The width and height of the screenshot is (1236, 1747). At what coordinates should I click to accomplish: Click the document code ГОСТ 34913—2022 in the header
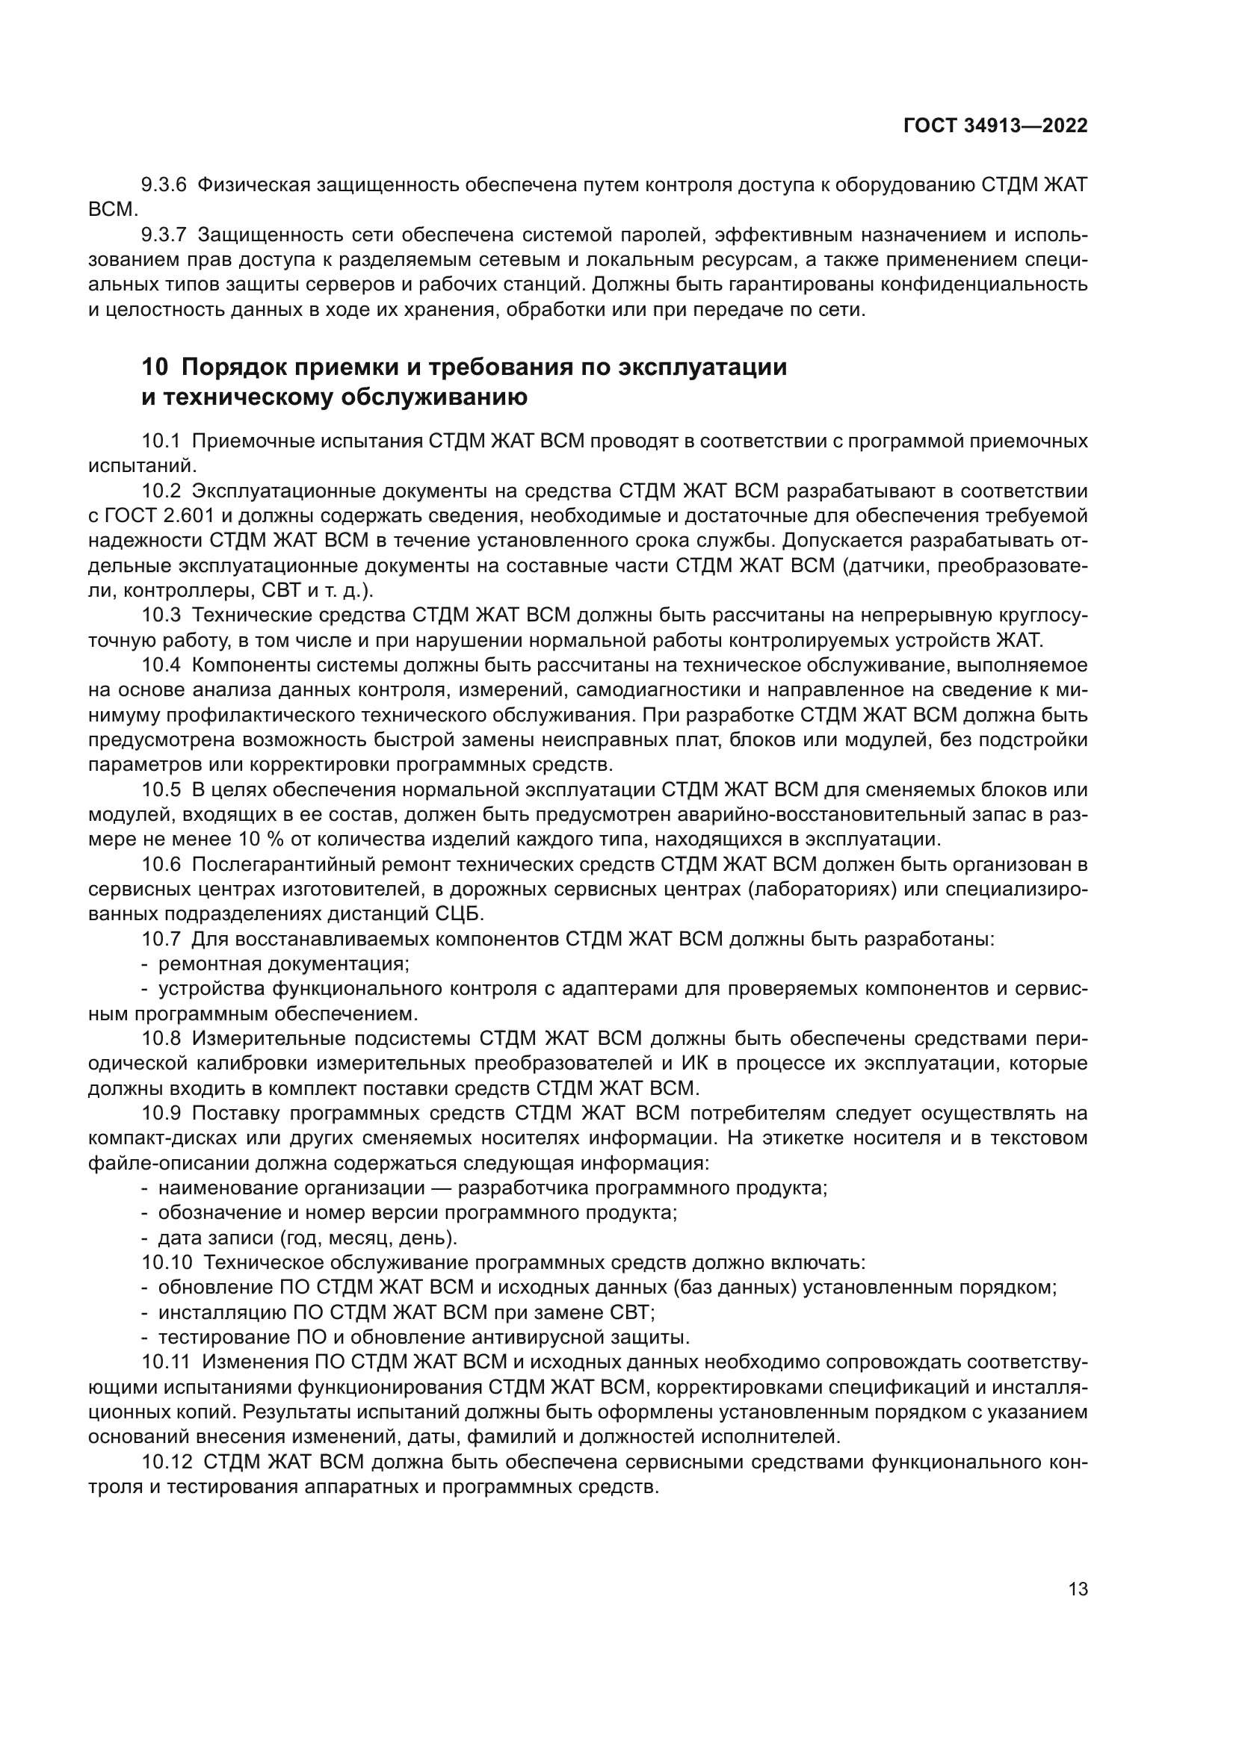[x=995, y=126]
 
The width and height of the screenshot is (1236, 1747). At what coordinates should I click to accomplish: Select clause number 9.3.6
[x=164, y=185]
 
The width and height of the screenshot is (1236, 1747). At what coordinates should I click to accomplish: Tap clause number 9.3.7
[x=164, y=235]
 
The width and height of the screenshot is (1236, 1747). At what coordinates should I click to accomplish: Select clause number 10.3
[x=161, y=615]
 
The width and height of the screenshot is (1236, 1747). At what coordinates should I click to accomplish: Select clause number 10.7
[x=161, y=939]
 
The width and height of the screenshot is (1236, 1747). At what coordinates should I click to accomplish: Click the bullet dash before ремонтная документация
[x=145, y=964]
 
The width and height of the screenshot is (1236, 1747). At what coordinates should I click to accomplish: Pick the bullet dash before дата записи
[x=145, y=1237]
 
